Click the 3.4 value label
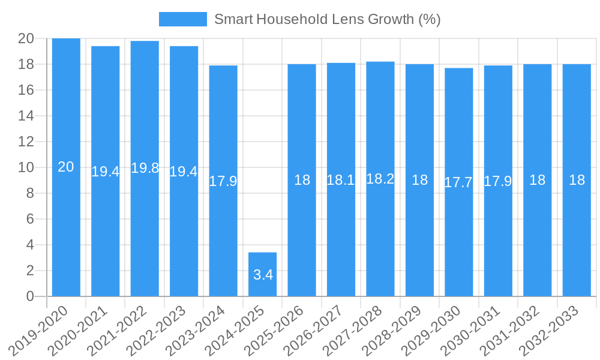click(x=263, y=275)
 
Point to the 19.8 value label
click(x=145, y=168)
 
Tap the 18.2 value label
click(x=380, y=178)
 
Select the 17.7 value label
click(x=459, y=182)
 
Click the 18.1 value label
click(x=341, y=179)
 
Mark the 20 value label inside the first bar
click(x=66, y=167)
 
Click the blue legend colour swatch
click(x=182, y=19)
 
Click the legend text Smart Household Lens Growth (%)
click(x=327, y=19)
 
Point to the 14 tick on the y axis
click(x=26, y=116)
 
